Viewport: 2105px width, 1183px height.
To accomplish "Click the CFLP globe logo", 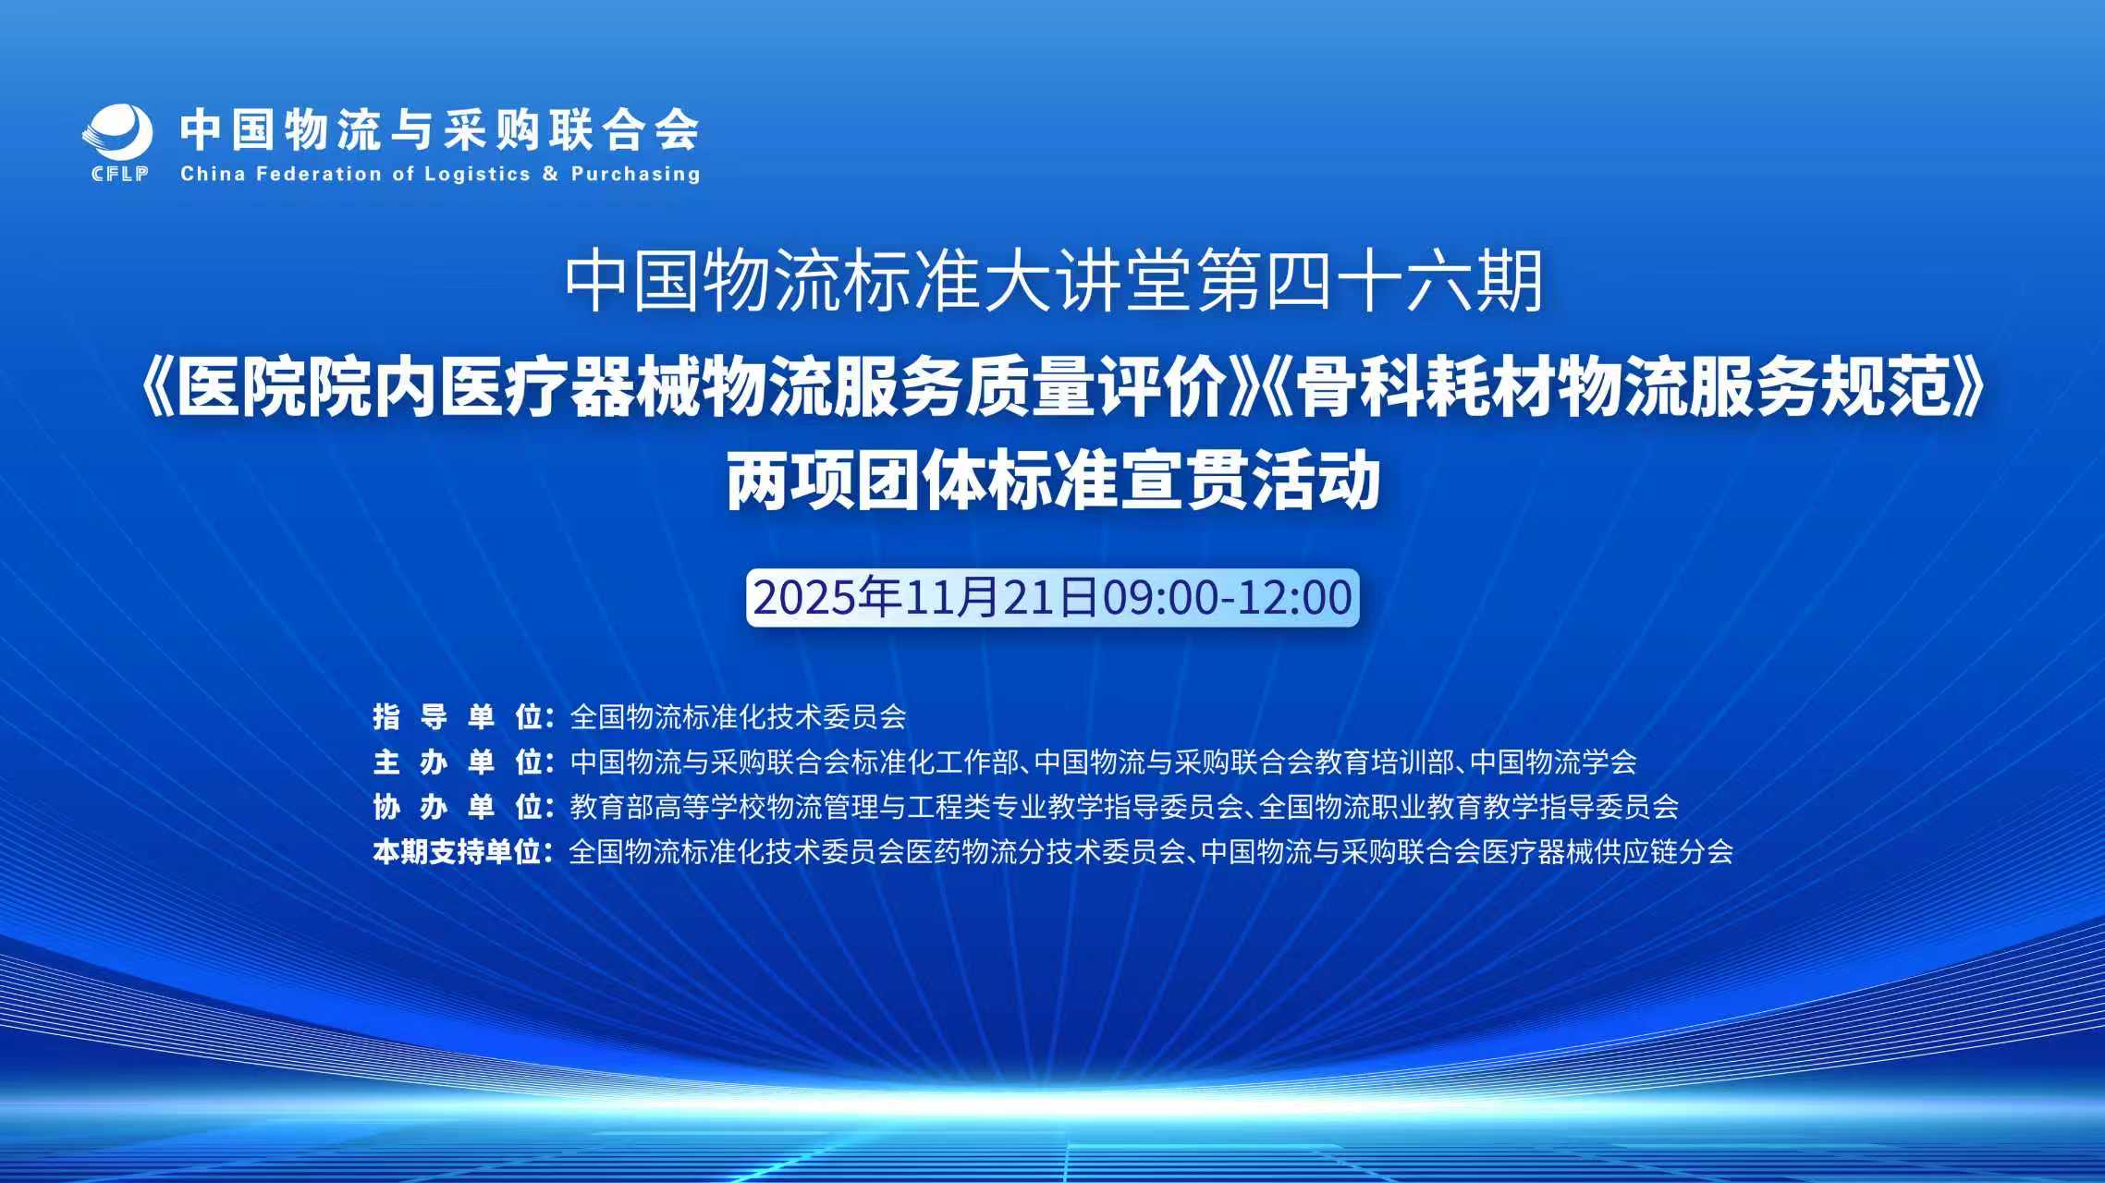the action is tap(117, 132).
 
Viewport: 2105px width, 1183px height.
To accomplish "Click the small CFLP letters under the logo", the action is tap(120, 174).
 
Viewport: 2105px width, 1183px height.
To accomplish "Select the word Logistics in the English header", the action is tap(477, 174).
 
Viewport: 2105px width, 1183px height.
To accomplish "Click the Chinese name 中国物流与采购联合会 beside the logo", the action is tap(440, 128).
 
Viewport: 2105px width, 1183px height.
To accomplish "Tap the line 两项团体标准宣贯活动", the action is tap(1053, 482).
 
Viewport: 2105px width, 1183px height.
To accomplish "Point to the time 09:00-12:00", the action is tap(1227, 597).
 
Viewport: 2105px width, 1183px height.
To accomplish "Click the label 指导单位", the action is tap(459, 716).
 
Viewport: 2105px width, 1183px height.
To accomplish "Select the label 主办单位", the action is tap(459, 762).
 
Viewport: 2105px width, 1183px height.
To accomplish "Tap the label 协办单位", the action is tap(459, 807).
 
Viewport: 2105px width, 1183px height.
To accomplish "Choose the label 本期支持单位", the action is tap(459, 851).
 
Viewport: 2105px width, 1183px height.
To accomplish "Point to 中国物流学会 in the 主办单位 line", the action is tap(1553, 762).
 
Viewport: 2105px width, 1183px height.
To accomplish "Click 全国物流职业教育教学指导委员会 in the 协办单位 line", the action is tap(1469, 807).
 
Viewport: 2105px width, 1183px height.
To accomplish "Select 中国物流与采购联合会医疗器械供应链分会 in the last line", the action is tap(1467, 851).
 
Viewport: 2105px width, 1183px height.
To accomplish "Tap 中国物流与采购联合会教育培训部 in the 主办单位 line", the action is tap(1244, 762).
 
